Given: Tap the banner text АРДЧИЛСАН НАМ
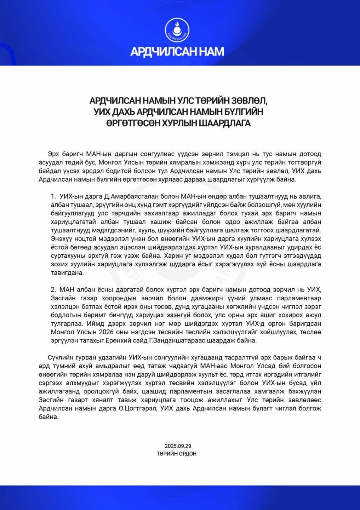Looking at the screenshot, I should (x=177, y=52).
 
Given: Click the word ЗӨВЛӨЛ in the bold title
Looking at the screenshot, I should (x=250, y=101).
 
